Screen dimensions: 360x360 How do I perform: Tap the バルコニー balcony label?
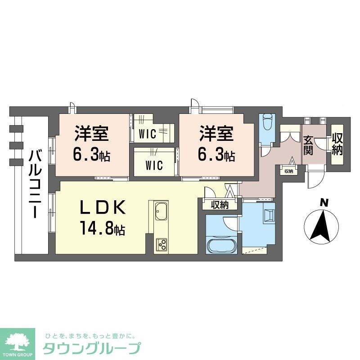pyautogui.click(x=33, y=184)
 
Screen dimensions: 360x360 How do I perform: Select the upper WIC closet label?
pyautogui.click(x=147, y=134)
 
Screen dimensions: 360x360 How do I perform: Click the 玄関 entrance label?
pyautogui.click(x=308, y=145)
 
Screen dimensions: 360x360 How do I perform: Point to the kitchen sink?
pyautogui.click(x=161, y=211)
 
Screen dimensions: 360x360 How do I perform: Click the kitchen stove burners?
pyautogui.click(x=161, y=244)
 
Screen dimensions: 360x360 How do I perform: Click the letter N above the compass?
pyautogui.click(x=323, y=203)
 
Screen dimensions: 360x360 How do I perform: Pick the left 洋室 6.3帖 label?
pyautogui.click(x=92, y=144)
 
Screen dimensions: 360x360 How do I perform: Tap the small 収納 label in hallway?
pyautogui.click(x=288, y=171)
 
